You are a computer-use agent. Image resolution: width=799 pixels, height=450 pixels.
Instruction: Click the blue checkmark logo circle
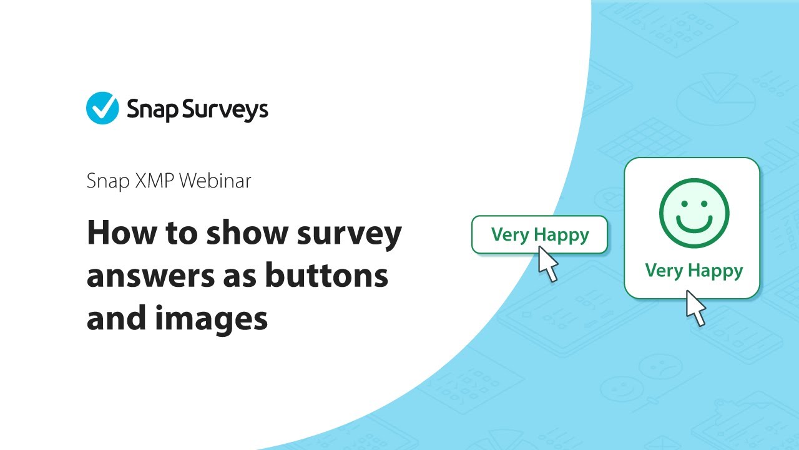(x=102, y=108)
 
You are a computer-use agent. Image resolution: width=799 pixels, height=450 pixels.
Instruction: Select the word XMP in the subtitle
(x=150, y=181)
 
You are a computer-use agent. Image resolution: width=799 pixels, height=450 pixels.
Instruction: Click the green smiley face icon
(x=694, y=212)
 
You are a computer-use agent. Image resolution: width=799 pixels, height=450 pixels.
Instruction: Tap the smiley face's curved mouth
(x=694, y=224)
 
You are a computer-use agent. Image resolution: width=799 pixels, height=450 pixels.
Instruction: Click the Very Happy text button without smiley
(x=539, y=234)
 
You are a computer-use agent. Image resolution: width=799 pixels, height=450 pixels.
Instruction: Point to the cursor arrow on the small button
(x=547, y=263)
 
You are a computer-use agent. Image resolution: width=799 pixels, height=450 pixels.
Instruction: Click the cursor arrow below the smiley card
(x=695, y=307)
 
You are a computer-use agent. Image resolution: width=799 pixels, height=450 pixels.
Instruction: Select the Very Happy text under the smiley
(x=694, y=270)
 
